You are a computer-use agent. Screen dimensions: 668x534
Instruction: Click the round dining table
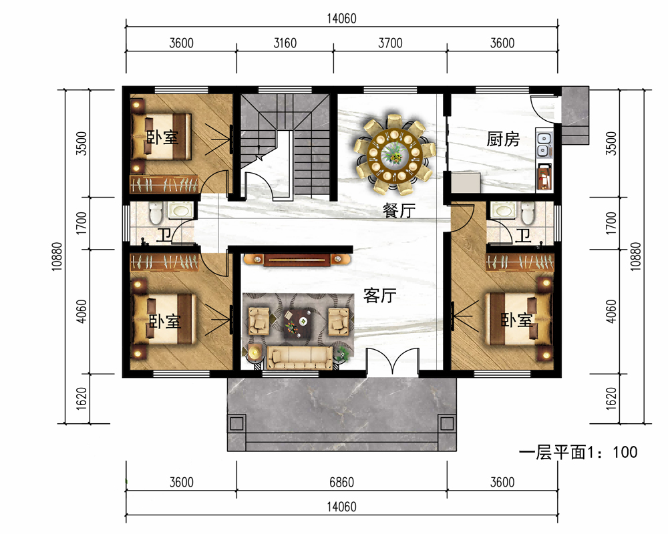[x=395, y=152]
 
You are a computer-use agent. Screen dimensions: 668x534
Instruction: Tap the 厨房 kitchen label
[x=503, y=140]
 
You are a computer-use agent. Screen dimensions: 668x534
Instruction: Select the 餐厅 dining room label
[x=399, y=210]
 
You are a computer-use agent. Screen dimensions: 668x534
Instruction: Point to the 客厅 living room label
[x=379, y=295]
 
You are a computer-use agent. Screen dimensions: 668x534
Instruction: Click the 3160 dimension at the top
[x=285, y=43]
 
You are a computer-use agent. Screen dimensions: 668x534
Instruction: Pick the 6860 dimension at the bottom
[x=341, y=482]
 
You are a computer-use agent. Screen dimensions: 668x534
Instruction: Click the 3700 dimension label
[x=390, y=43]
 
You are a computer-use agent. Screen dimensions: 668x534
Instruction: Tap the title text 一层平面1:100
[x=578, y=452]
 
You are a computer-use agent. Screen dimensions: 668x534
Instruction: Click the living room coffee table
[x=297, y=323]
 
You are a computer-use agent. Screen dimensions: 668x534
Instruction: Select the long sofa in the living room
[x=300, y=357]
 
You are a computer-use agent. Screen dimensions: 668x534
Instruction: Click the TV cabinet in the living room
[x=297, y=260]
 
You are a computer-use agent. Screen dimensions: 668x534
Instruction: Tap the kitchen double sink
[x=544, y=145]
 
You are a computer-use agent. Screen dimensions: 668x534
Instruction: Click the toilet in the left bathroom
[x=156, y=213]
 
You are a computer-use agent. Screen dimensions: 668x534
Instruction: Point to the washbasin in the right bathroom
[x=504, y=210]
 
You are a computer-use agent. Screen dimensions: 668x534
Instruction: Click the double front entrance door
[x=392, y=362]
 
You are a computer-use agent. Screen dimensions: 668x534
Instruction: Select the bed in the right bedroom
[x=518, y=319]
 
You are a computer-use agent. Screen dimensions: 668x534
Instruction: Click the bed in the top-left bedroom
[x=162, y=136]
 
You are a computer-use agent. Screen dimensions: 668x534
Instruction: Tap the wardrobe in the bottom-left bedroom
[x=164, y=262]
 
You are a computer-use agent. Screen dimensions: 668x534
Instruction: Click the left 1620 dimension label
[x=81, y=398]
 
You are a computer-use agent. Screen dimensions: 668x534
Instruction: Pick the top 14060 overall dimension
[x=341, y=19]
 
